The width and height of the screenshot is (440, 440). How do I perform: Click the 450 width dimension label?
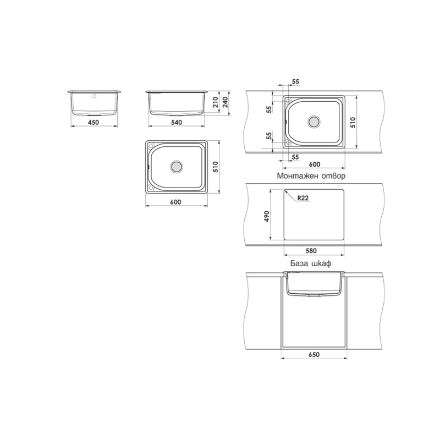(x=94, y=122)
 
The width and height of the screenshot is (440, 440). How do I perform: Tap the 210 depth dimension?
(x=216, y=102)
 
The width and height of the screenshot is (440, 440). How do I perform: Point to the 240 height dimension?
(x=226, y=102)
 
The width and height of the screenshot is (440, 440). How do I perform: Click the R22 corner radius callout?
(x=303, y=198)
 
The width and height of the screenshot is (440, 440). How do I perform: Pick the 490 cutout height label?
(x=267, y=216)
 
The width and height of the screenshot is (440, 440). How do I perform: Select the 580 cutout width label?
(x=311, y=251)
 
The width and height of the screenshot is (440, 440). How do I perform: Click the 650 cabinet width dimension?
(x=313, y=355)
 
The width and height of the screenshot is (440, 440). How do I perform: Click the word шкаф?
(x=322, y=263)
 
